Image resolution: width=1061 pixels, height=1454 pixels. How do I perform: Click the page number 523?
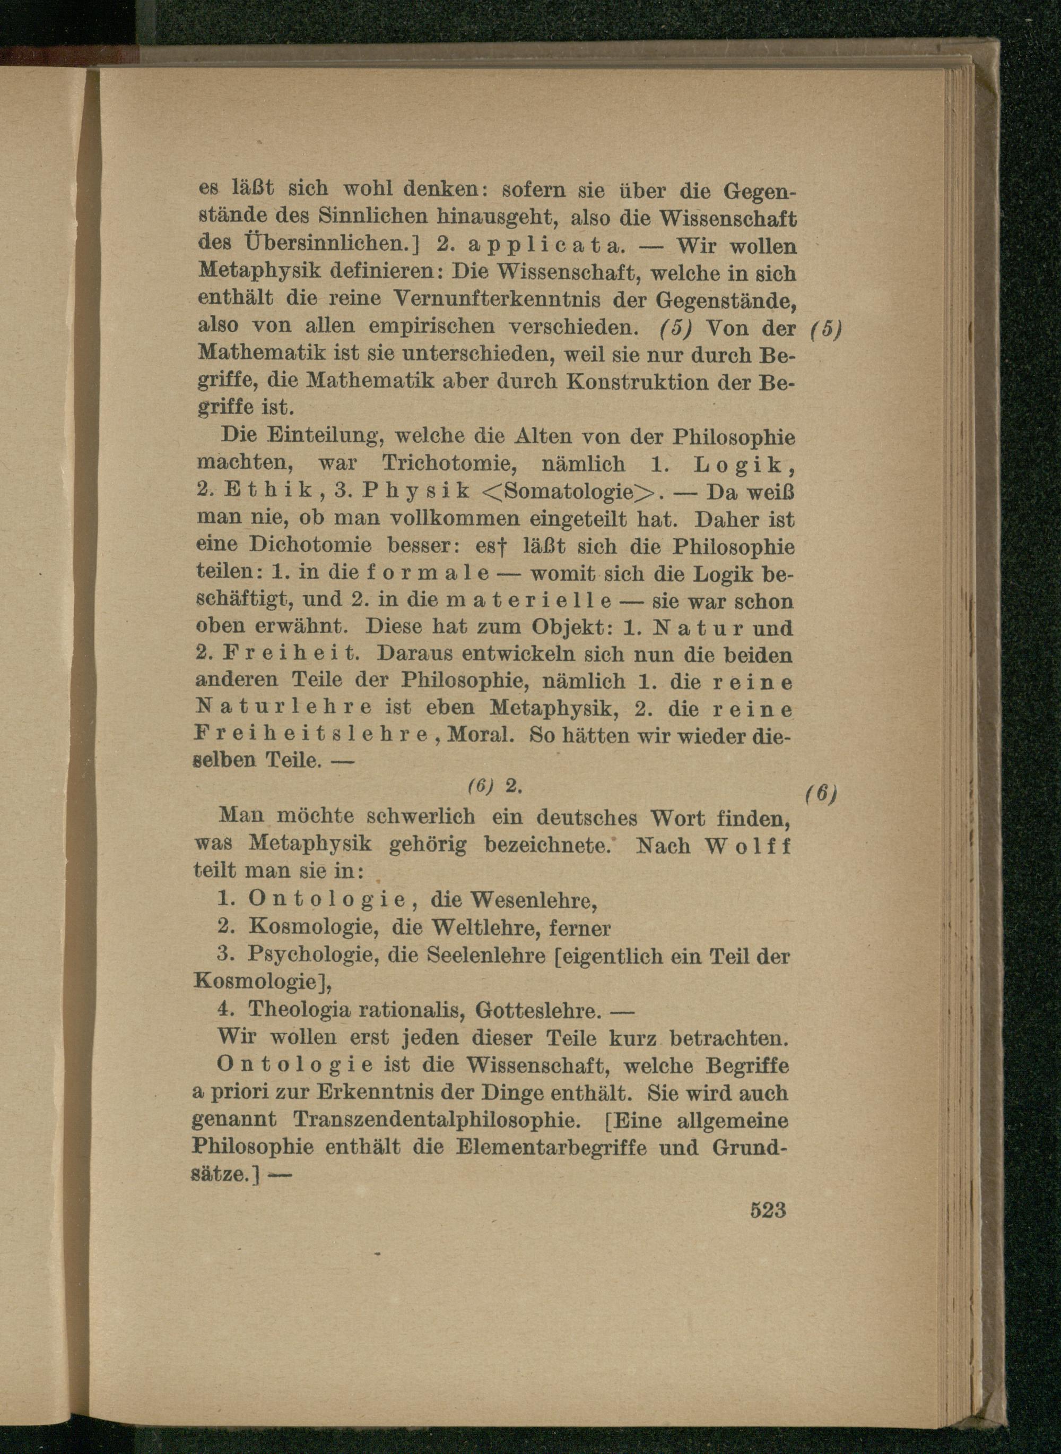pyautogui.click(x=768, y=1210)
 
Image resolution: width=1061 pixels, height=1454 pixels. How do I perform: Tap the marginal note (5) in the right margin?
pyautogui.click(x=825, y=329)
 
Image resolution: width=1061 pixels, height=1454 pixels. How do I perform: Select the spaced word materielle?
pyautogui.click(x=528, y=601)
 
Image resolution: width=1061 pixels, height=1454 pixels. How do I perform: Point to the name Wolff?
pyautogui.click(x=747, y=846)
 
